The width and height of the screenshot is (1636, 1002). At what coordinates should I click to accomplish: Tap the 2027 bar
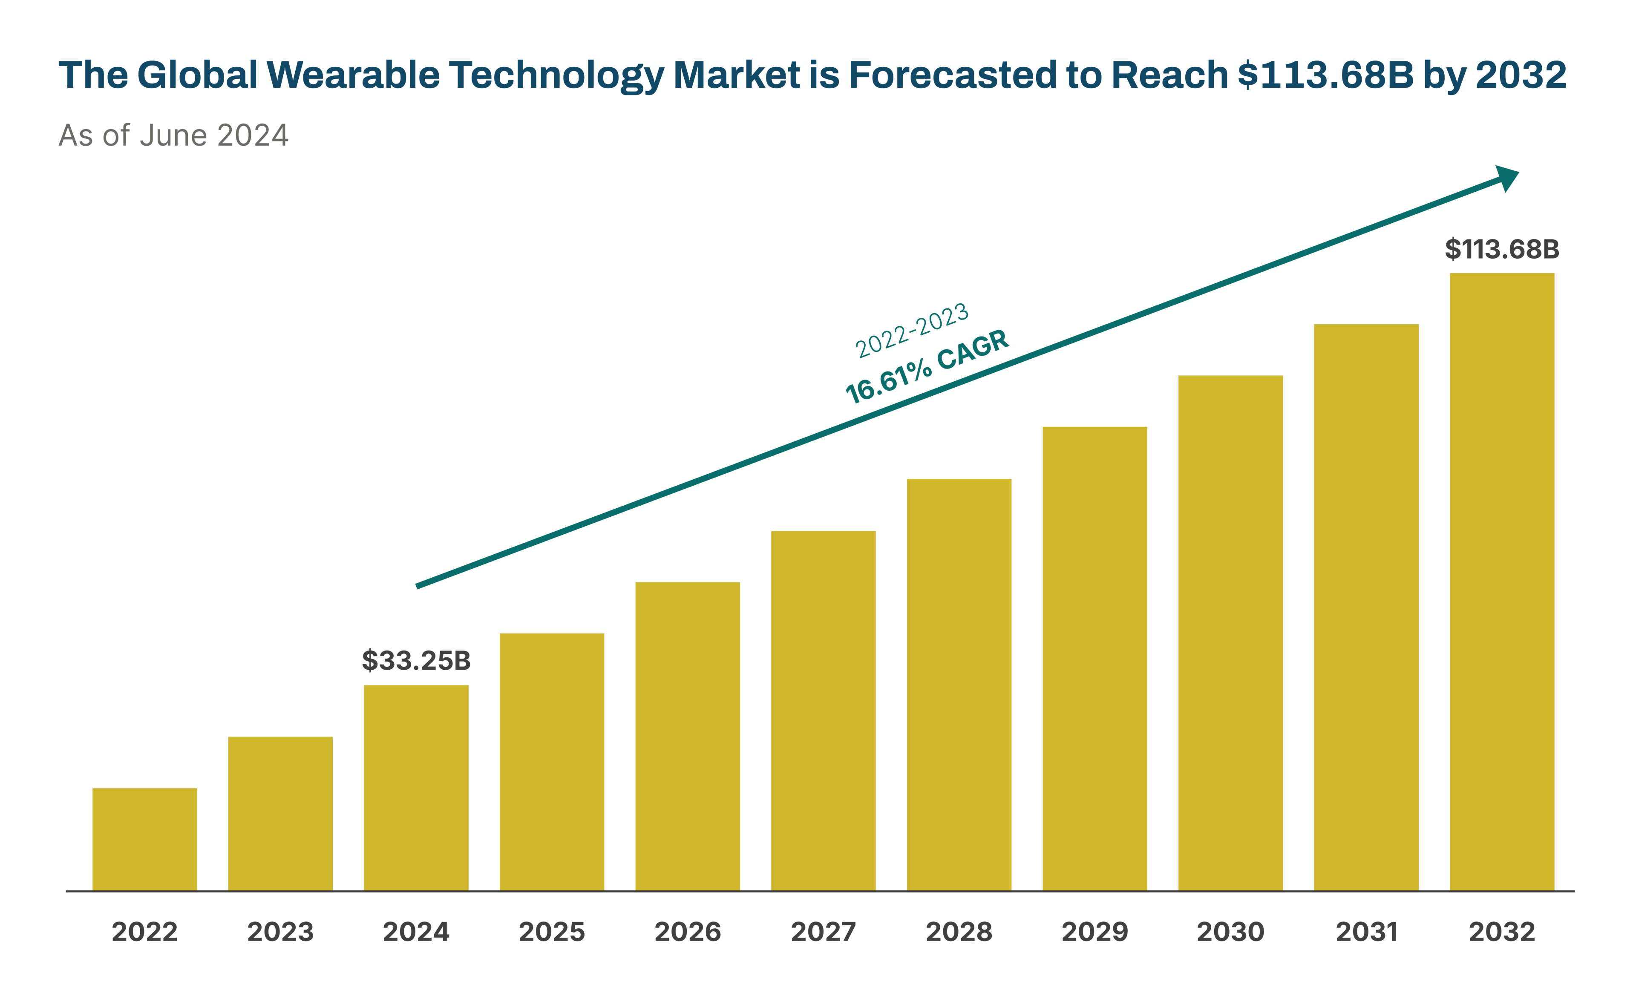pyautogui.click(x=823, y=711)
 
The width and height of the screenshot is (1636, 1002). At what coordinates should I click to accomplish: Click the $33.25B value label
pyautogui.click(x=416, y=661)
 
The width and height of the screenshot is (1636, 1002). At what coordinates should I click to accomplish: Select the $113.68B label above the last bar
pyautogui.click(x=1502, y=250)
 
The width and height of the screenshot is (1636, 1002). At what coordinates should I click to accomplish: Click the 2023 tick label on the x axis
pyautogui.click(x=280, y=932)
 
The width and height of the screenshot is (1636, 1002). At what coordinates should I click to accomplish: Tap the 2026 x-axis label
pyautogui.click(x=688, y=932)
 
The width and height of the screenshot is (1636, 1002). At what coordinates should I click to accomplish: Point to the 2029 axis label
pyautogui.click(x=1095, y=932)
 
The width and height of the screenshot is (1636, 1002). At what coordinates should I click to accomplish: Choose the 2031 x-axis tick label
pyautogui.click(x=1366, y=932)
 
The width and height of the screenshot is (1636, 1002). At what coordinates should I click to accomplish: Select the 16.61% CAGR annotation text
pyautogui.click(x=927, y=366)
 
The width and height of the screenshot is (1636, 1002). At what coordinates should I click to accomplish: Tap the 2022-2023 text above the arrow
pyautogui.click(x=912, y=330)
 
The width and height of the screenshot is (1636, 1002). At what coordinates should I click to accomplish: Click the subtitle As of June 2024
pyautogui.click(x=173, y=135)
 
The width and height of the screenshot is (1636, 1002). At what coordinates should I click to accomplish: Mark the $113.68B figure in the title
pyautogui.click(x=1326, y=75)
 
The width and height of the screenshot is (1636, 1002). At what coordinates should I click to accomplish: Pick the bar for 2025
pyautogui.click(x=552, y=762)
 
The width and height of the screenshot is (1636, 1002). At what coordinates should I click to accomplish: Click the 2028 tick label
pyautogui.click(x=959, y=932)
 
